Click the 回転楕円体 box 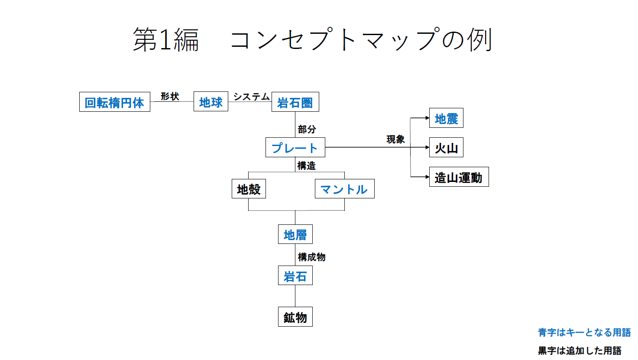point(115,102)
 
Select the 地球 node point(211,102)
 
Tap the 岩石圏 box point(295,102)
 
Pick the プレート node point(295,148)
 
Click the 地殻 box point(249,189)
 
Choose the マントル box point(344,189)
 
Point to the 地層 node point(295,234)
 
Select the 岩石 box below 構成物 point(295,276)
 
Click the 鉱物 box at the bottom point(295,317)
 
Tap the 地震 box point(446,118)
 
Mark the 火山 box point(446,148)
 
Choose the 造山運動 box point(459,177)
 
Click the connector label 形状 point(170,96)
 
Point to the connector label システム point(251,97)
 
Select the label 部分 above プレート point(307,129)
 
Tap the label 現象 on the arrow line point(395,139)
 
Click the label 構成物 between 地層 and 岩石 point(311,257)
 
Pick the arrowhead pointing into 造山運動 point(427,177)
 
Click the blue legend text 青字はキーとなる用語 point(584,332)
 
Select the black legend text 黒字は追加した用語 point(580,350)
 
